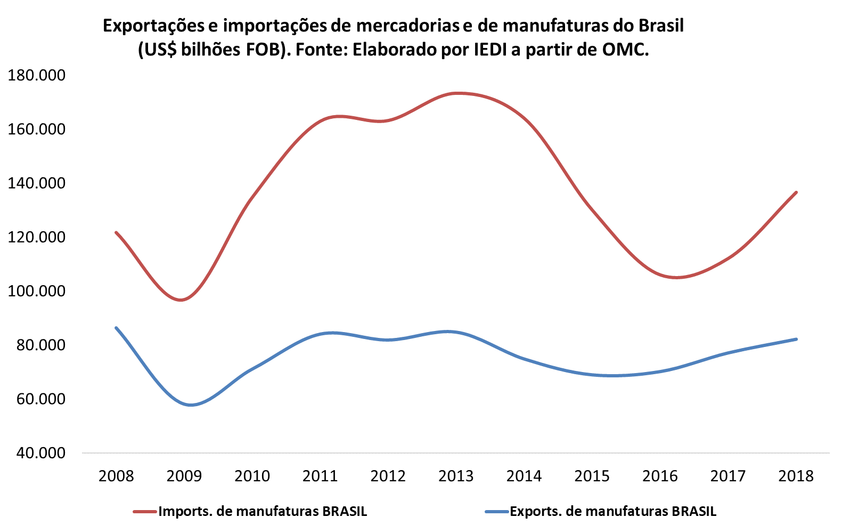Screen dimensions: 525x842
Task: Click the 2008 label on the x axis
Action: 116,475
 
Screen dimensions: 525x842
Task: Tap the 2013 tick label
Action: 456,475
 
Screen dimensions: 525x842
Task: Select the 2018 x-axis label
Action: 796,475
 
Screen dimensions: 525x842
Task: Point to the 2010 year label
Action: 252,475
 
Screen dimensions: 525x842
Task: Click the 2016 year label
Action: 660,475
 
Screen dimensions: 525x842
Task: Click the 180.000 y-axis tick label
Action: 37,75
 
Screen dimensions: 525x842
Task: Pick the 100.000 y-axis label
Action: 37,291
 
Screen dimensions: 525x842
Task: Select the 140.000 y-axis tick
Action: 37,183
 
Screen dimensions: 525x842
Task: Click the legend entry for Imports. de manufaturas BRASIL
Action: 263,511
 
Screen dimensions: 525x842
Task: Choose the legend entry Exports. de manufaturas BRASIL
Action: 613,511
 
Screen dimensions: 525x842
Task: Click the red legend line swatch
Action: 145,512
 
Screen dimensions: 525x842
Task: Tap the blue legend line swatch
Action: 496,512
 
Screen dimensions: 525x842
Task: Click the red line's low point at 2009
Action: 181,300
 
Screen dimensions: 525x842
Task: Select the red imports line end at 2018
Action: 796,192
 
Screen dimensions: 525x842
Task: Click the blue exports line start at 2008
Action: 116,328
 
